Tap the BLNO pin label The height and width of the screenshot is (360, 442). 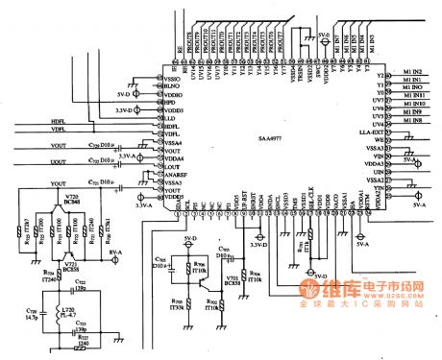click(174, 88)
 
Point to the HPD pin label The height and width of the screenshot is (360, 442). click(170, 104)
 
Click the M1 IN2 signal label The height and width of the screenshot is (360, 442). click(412, 71)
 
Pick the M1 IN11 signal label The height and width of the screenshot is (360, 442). click(414, 96)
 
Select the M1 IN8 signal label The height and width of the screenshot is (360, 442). click(412, 121)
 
